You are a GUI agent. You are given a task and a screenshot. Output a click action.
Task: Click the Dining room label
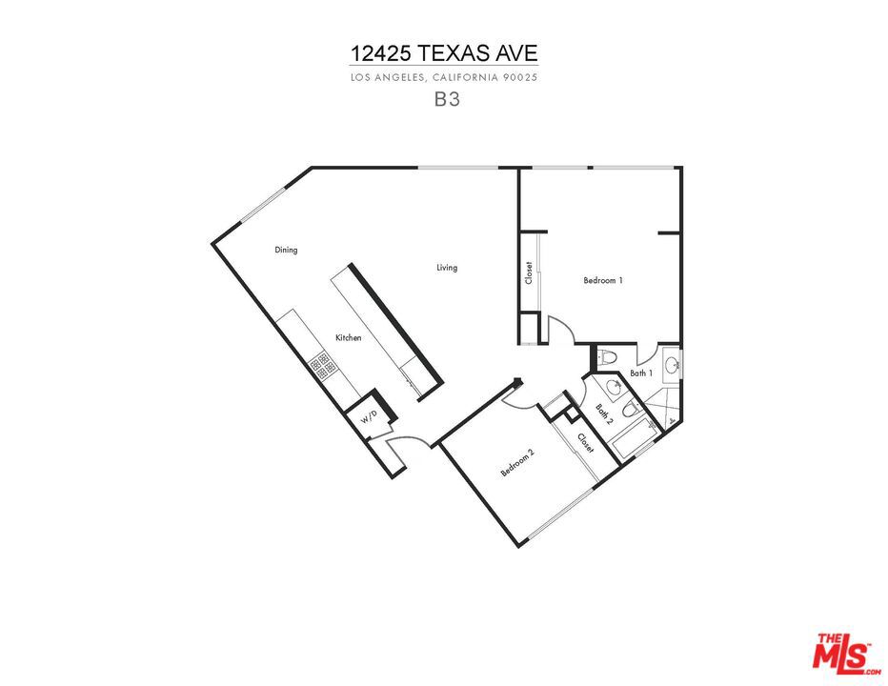click(286, 250)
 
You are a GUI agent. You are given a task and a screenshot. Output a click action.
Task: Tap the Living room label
click(447, 268)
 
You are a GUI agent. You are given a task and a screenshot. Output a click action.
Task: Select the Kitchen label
click(349, 337)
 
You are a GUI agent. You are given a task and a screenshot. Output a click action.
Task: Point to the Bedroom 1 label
click(603, 280)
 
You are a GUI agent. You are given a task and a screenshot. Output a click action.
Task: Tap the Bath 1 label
click(641, 373)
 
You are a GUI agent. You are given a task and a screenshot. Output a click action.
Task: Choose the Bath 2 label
click(604, 414)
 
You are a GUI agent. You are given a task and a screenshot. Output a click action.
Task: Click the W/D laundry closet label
click(369, 418)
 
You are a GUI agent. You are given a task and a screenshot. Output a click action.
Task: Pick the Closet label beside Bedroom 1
click(529, 272)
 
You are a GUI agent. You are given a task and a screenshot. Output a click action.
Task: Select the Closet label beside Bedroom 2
click(586, 443)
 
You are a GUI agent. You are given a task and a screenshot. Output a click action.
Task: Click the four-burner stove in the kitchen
click(323, 365)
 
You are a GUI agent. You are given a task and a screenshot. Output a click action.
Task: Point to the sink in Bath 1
click(673, 365)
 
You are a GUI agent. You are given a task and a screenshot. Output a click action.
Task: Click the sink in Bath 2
click(613, 388)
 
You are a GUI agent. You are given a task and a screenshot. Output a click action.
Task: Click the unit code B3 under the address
click(447, 99)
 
